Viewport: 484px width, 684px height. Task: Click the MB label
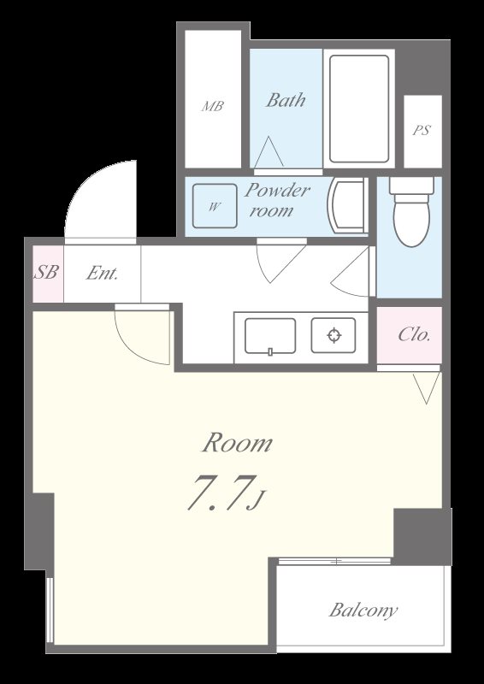[213, 106]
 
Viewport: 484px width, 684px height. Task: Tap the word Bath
[286, 100]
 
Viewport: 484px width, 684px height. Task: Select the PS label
[422, 131]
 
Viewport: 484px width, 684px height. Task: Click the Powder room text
[277, 201]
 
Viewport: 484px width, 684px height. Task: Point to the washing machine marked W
[215, 206]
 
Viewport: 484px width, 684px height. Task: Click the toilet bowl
[411, 221]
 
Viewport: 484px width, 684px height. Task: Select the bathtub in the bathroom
[359, 109]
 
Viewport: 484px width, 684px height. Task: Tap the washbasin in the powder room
[348, 205]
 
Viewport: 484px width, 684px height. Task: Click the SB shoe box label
[46, 273]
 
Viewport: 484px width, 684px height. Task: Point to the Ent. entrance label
[102, 274]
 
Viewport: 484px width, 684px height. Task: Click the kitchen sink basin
[270, 336]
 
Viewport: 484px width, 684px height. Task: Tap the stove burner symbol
[333, 335]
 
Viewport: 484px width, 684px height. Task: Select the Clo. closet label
[414, 334]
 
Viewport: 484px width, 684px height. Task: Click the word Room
[237, 443]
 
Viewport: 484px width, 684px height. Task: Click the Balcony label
[363, 610]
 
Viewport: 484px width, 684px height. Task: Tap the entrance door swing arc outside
[80, 187]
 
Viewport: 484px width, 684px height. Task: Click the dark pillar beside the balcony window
[422, 537]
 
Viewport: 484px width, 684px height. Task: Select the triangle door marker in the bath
[269, 152]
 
